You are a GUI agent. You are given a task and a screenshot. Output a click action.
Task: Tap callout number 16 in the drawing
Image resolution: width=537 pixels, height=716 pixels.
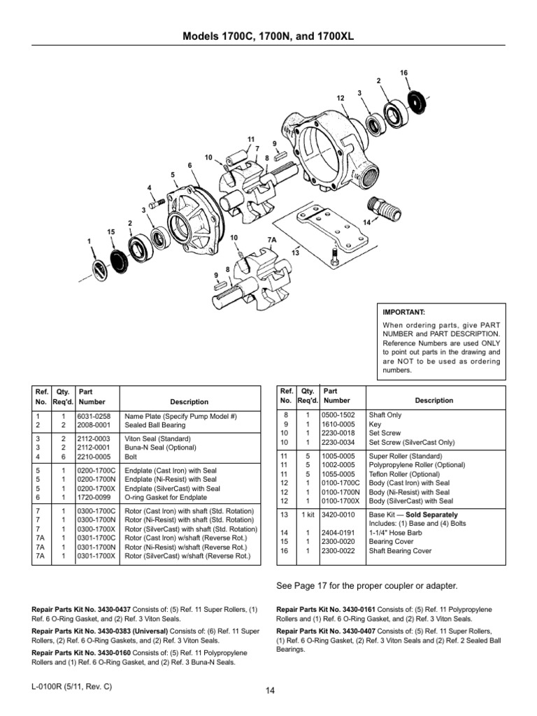403,73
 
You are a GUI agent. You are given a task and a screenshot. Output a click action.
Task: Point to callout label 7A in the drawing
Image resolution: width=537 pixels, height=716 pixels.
273,239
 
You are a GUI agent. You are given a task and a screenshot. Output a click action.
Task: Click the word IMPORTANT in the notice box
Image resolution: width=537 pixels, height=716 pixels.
401,312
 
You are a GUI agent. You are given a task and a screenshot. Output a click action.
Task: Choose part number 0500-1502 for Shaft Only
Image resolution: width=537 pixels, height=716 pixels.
337,415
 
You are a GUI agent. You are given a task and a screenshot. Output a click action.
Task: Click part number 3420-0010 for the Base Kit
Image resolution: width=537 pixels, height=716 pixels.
337,514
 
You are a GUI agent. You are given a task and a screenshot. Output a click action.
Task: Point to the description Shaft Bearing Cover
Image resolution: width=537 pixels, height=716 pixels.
400,551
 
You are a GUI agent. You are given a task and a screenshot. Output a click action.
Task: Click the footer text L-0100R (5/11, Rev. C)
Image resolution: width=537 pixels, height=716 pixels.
71,687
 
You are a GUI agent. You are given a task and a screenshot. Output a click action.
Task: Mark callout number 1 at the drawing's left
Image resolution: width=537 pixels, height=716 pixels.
89,241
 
